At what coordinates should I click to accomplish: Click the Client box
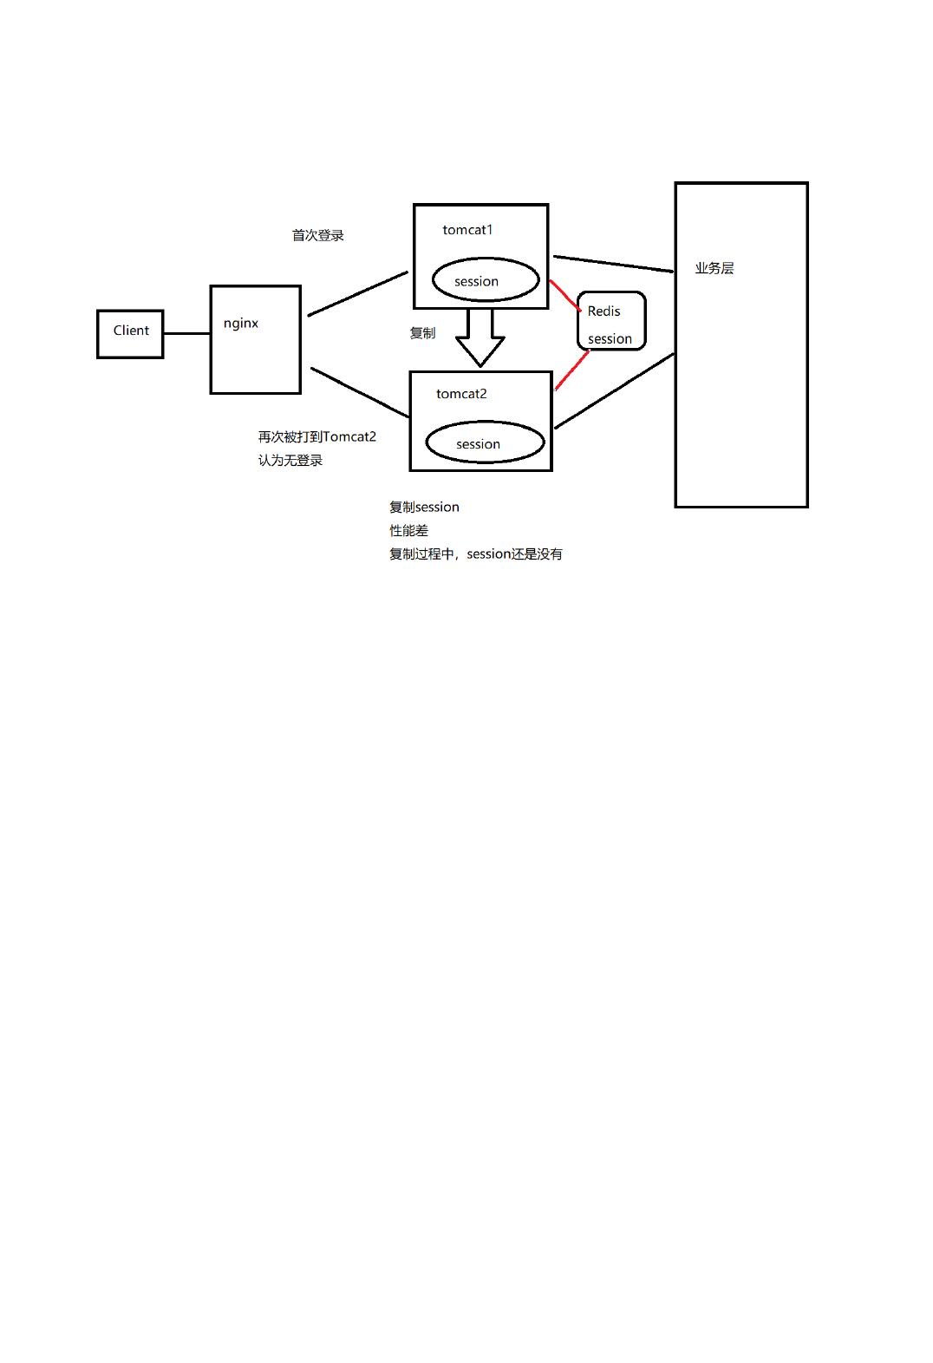pyautogui.click(x=130, y=333)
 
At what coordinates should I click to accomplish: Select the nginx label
pyautogui.click(x=241, y=324)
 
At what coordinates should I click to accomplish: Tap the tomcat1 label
pyautogui.click(x=467, y=230)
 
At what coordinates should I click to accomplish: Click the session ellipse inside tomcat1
pyautogui.click(x=486, y=279)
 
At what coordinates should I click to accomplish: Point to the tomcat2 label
pyautogui.click(x=461, y=394)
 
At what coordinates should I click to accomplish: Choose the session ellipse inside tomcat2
pyautogui.click(x=485, y=442)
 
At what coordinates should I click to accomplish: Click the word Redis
pyautogui.click(x=604, y=311)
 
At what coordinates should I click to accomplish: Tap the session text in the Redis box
pyautogui.click(x=610, y=339)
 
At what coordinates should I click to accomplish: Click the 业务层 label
pyautogui.click(x=714, y=269)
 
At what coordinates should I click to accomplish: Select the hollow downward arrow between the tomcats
pyautogui.click(x=480, y=338)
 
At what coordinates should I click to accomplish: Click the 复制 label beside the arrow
pyautogui.click(x=422, y=333)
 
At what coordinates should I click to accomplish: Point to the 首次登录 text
pyautogui.click(x=318, y=235)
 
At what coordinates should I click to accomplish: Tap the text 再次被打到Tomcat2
pyautogui.click(x=317, y=437)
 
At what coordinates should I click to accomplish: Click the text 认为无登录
pyautogui.click(x=290, y=461)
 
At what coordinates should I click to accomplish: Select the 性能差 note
pyautogui.click(x=408, y=531)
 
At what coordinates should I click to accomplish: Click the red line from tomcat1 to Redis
pyautogui.click(x=564, y=295)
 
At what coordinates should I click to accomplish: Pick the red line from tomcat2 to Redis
pyautogui.click(x=571, y=371)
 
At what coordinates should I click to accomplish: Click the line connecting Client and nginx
pyautogui.click(x=186, y=333)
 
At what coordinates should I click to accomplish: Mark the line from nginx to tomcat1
pyautogui.click(x=357, y=294)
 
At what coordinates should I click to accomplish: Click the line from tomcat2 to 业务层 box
pyautogui.click(x=614, y=391)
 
